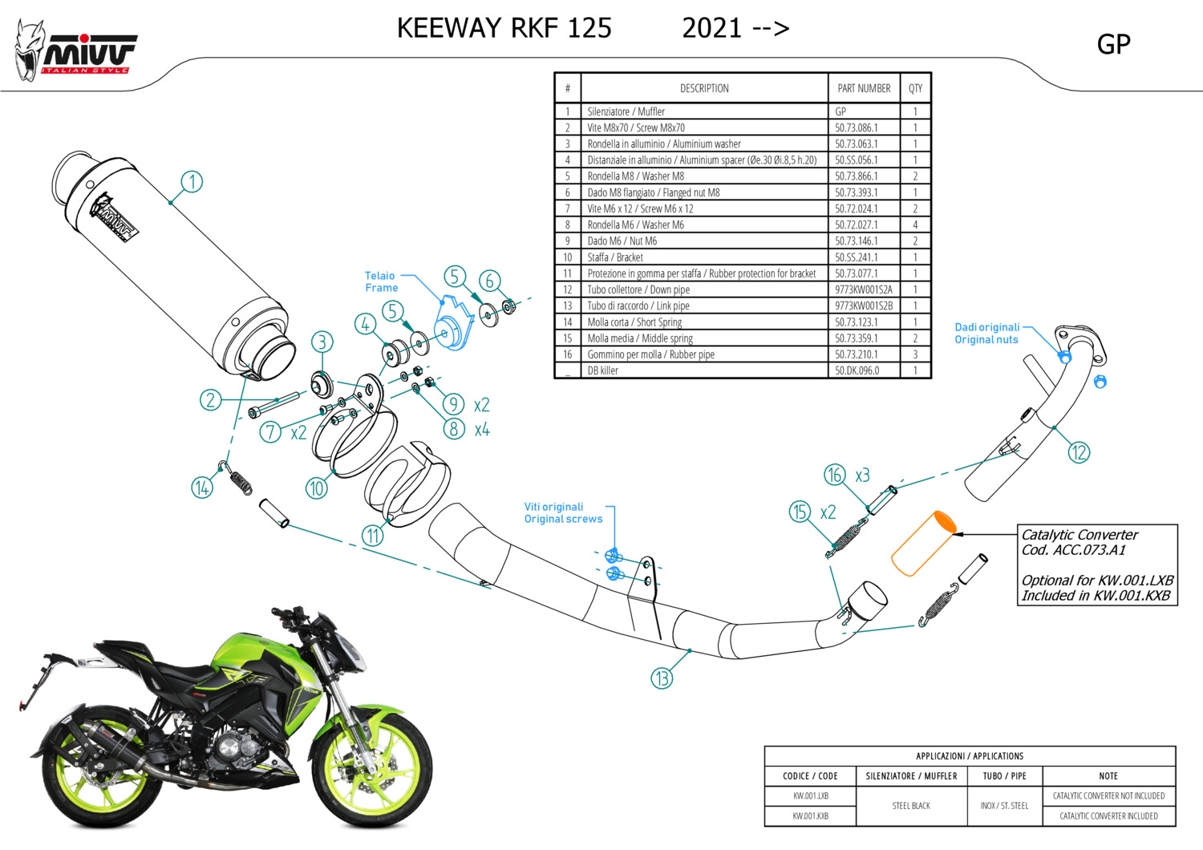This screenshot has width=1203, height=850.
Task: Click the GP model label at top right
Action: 1113,44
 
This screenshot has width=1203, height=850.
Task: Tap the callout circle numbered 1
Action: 192,181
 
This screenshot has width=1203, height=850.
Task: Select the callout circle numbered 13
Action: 662,678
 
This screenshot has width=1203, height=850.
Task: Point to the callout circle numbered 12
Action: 1079,452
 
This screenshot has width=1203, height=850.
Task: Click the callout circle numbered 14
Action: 202,487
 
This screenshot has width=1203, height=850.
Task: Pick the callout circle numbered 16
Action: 834,475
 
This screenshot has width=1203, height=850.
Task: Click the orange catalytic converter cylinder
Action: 923,543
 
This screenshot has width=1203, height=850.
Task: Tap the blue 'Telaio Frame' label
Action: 381,281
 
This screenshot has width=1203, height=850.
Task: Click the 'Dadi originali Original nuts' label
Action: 986,334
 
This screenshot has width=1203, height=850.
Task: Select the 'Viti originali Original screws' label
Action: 563,513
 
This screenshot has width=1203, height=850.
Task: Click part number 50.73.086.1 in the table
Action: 856,127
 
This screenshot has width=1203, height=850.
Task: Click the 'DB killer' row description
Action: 603,370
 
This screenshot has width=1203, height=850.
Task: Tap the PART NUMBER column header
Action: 864,88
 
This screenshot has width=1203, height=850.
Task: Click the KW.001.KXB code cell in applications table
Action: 810,816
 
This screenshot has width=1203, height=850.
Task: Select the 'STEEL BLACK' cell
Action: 911,806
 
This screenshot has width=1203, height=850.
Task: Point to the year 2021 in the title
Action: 712,28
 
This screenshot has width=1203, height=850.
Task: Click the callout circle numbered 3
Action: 322,342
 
